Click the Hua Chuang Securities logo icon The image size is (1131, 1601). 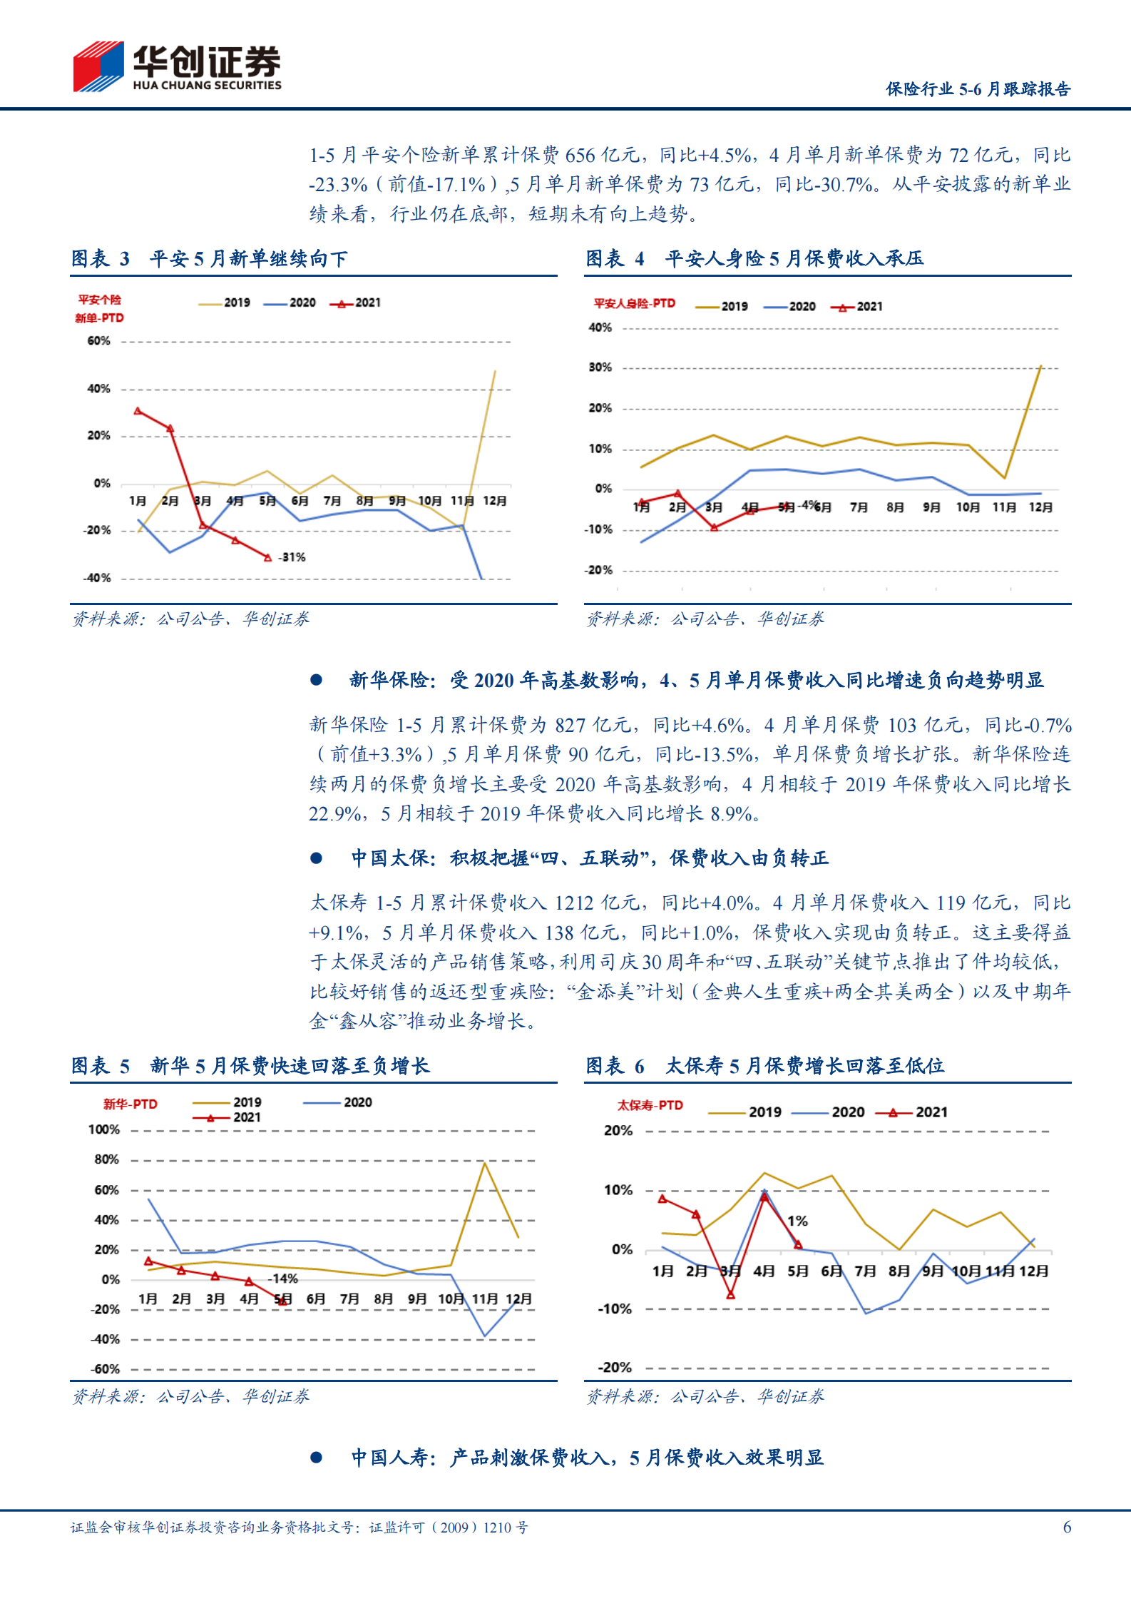point(98,66)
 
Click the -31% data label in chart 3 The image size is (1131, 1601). point(292,557)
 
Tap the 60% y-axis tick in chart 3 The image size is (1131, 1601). point(98,341)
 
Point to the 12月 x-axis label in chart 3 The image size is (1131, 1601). point(494,501)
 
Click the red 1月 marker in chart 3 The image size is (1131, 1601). point(138,411)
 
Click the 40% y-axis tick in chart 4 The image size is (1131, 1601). point(600,327)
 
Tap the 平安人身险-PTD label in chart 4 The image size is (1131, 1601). point(634,303)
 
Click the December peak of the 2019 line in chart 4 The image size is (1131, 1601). point(1040,366)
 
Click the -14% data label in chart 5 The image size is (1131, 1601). point(283,1279)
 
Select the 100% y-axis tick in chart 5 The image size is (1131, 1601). point(104,1129)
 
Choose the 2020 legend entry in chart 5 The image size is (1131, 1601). point(339,1102)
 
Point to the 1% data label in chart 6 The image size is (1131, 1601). point(797,1221)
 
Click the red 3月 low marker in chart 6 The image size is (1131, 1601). point(730,1294)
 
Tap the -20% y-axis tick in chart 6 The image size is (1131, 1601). point(615,1367)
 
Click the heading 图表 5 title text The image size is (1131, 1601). point(250,1066)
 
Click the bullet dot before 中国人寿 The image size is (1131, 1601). point(316,1458)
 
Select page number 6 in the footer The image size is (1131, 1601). point(1067,1527)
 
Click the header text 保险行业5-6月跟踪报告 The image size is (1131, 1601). point(978,89)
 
